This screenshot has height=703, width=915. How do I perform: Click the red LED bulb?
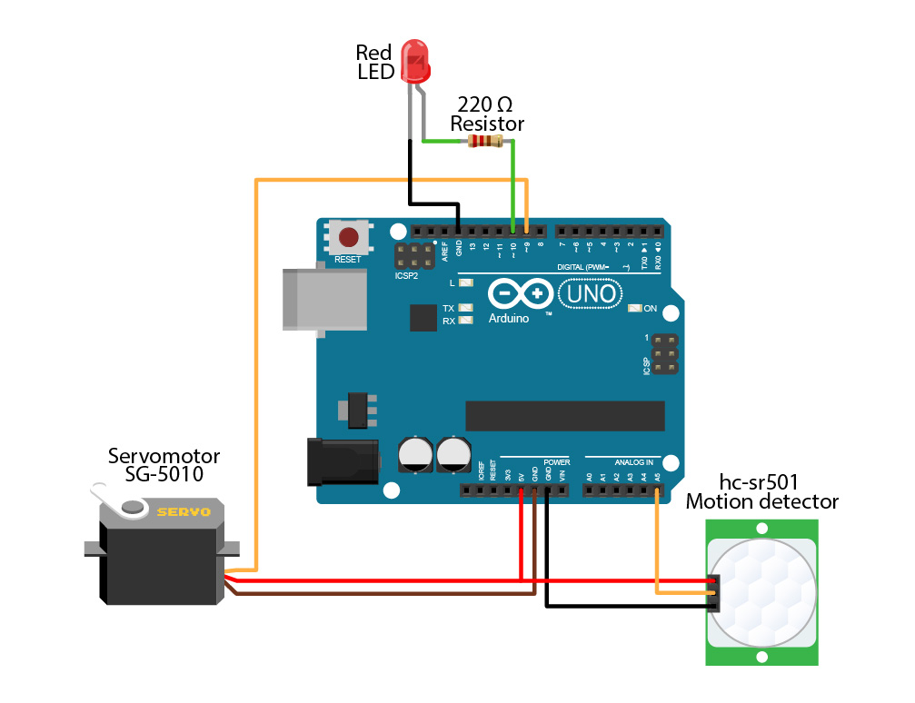(x=416, y=62)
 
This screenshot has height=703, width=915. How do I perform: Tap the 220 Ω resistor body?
(x=484, y=141)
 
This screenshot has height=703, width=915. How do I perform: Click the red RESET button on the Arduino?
(x=348, y=239)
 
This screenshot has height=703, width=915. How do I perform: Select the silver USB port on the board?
(x=325, y=299)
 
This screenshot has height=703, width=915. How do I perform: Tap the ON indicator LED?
(x=635, y=309)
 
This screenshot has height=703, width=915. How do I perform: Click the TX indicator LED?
(x=466, y=309)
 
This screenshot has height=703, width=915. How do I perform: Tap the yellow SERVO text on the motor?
(x=184, y=512)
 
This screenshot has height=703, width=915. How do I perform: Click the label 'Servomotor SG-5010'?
(x=164, y=464)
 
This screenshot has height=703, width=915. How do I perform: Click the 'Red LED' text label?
(x=374, y=62)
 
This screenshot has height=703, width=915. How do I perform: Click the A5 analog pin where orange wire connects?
(x=657, y=490)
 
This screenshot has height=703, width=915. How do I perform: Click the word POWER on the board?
(x=557, y=461)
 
